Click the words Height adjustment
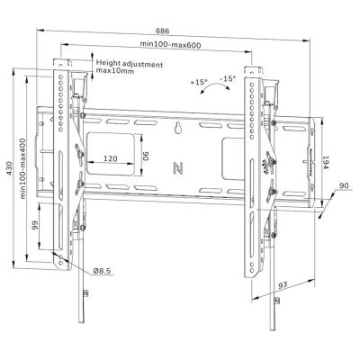coord(129,63)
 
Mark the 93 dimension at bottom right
coord(281,285)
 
